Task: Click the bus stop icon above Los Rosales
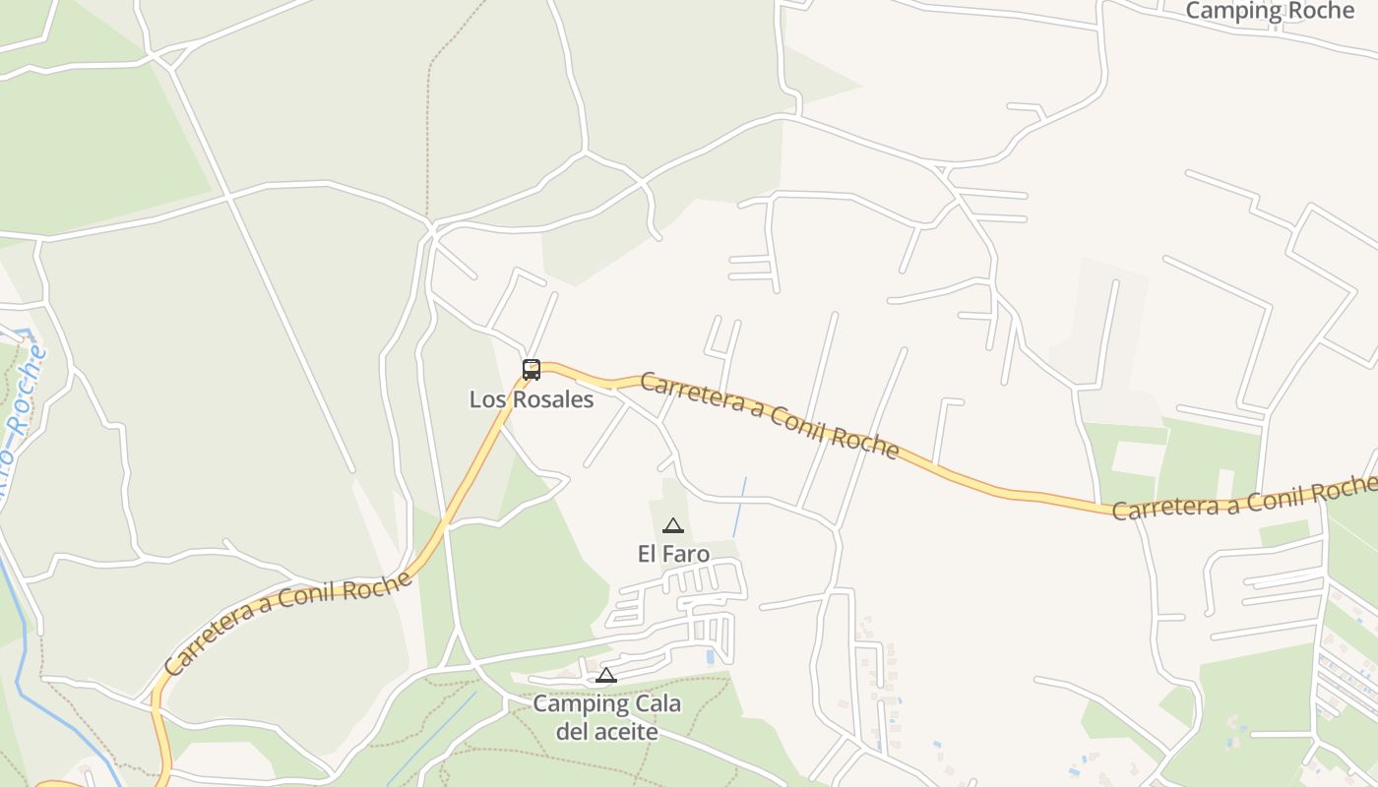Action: (532, 370)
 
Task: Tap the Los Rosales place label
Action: (532, 399)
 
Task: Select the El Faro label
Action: (673, 554)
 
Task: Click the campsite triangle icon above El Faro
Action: (673, 526)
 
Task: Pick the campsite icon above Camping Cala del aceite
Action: (606, 676)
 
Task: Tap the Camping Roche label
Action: (1270, 11)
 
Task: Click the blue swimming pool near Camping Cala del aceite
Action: (710, 656)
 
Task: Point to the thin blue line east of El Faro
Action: (739, 507)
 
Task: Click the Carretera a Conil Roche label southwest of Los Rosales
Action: (287, 622)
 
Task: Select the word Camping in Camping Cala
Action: (580, 704)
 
